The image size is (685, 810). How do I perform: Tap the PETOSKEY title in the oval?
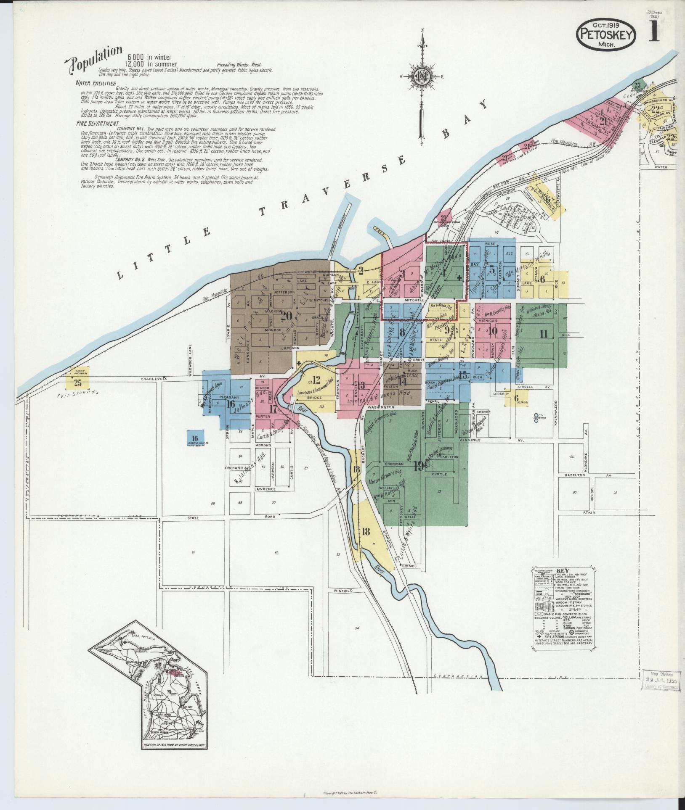point(606,34)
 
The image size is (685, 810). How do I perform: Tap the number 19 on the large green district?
point(418,466)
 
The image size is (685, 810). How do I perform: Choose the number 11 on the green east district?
point(544,335)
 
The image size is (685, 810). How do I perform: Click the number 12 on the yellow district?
point(316,380)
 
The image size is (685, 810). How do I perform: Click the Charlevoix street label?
point(157,378)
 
